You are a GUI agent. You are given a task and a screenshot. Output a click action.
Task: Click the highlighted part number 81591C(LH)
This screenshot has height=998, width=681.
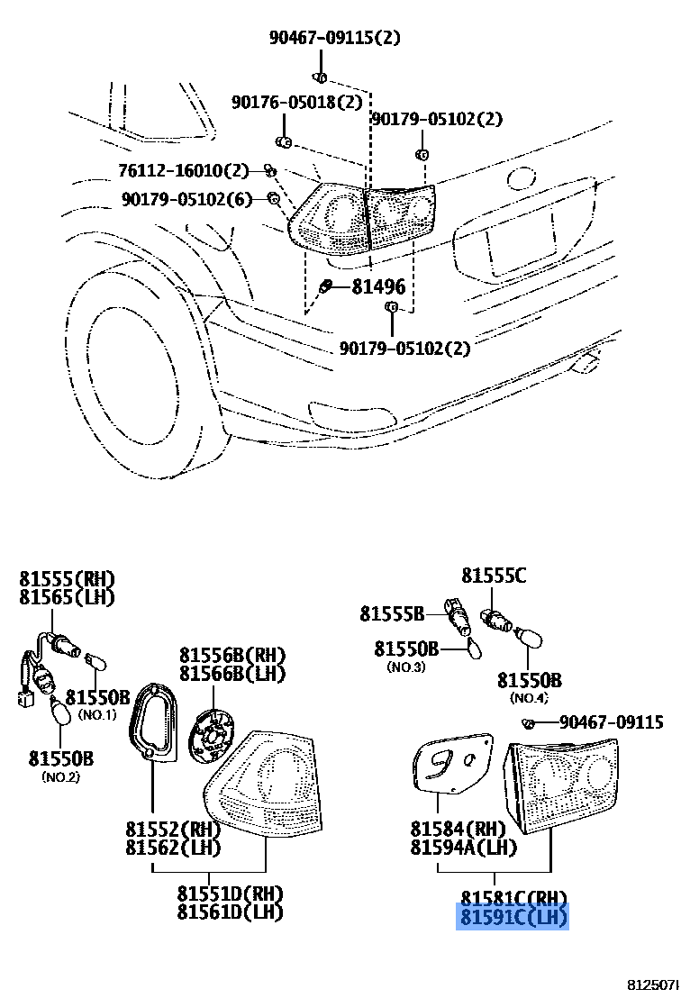pos(513,917)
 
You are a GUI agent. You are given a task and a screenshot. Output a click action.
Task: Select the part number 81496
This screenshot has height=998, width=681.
pos(377,287)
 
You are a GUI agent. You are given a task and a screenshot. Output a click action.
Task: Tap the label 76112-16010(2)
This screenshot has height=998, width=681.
pos(183,170)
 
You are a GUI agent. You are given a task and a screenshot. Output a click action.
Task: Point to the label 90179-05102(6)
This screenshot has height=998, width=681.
pos(185,199)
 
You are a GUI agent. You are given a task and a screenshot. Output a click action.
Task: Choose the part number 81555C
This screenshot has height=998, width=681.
pos(493,575)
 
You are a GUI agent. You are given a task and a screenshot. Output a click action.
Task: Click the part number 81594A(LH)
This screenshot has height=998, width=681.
pos(463,848)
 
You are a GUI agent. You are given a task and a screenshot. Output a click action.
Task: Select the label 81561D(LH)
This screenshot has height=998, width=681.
pos(230,912)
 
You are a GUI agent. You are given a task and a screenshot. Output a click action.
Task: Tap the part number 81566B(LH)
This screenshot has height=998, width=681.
pos(232,674)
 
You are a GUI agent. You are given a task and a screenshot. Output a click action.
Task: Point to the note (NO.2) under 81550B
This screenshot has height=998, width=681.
pos(60,777)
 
